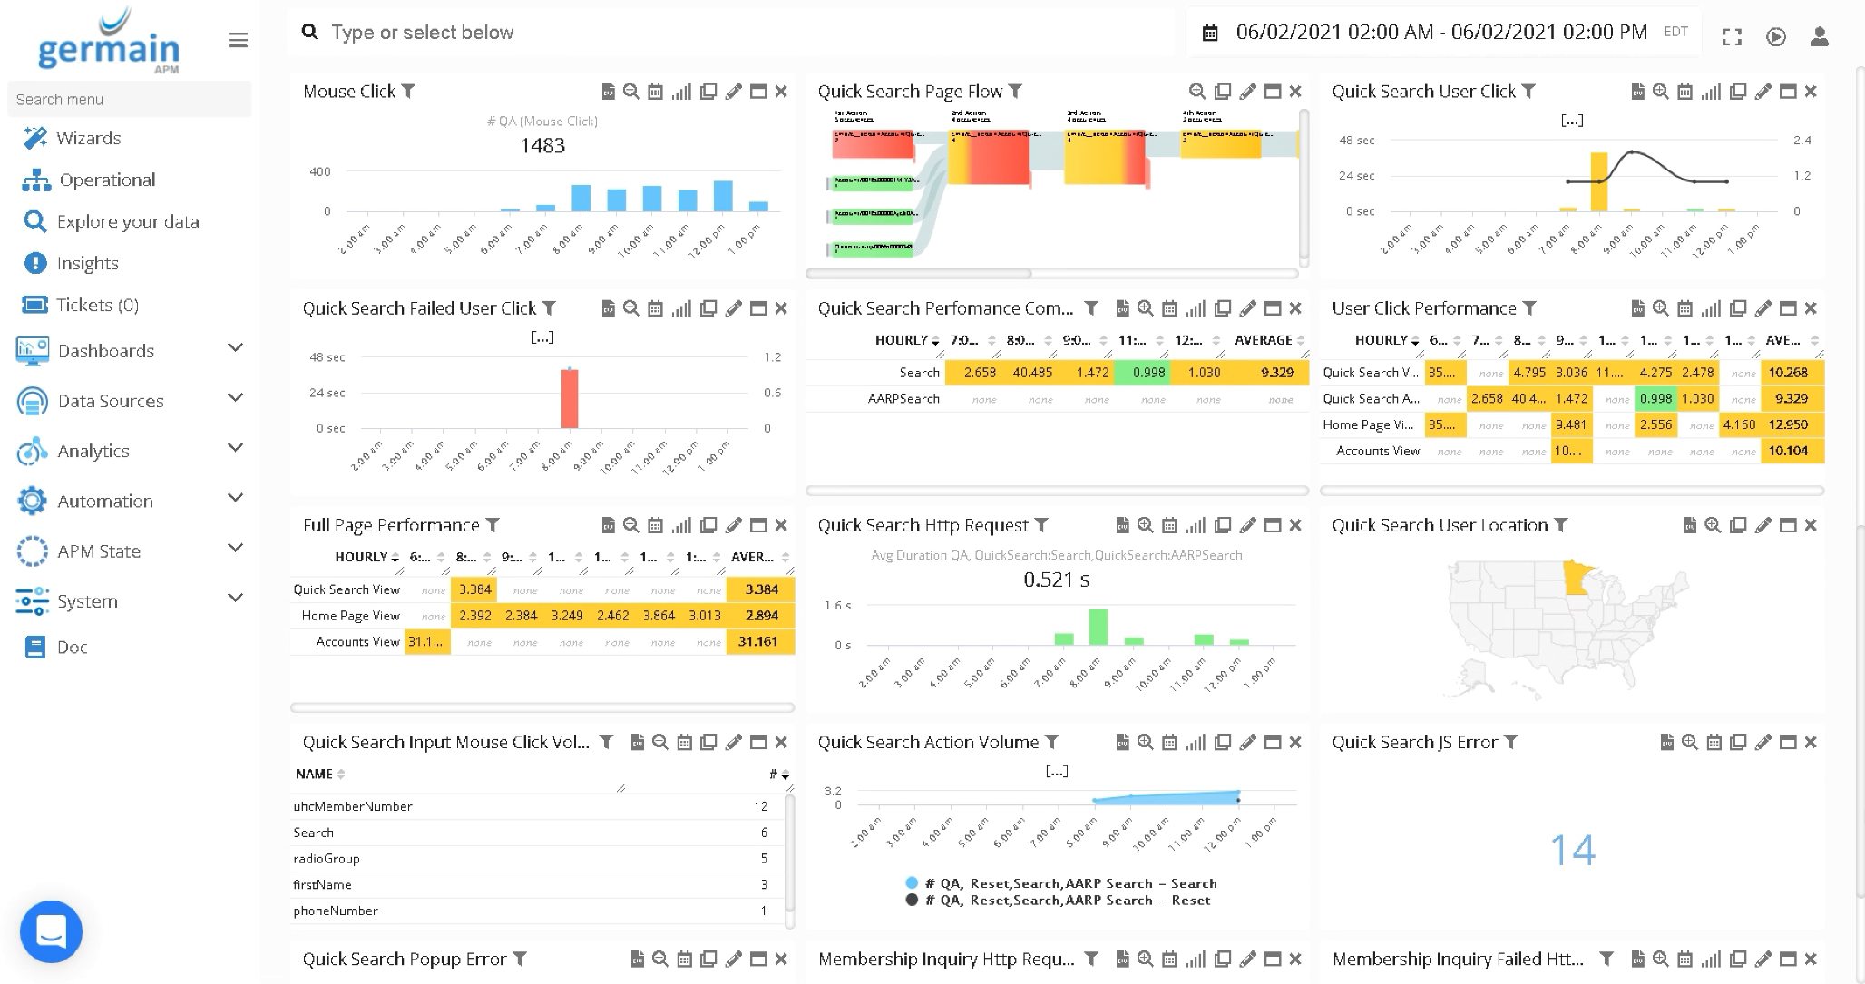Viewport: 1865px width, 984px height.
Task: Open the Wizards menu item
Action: coord(88,138)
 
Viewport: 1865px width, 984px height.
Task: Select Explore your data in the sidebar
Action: coord(127,221)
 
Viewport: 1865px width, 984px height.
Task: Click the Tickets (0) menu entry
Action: coord(97,305)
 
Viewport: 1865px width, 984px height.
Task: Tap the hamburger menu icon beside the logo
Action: coord(239,40)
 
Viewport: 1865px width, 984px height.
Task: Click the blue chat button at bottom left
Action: coord(51,931)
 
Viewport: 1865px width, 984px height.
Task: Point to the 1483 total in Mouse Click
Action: coord(542,146)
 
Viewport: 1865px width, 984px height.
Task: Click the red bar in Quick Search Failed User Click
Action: coord(570,398)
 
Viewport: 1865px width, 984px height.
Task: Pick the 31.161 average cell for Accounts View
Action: coord(760,641)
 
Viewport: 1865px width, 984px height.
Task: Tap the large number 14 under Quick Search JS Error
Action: coord(1572,850)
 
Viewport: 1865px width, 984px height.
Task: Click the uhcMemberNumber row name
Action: coord(353,806)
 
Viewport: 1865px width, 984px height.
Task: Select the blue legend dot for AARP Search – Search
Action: coord(912,883)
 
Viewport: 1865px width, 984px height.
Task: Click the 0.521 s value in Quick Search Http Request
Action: coord(1057,580)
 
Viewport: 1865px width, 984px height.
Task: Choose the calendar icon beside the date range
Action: coord(1210,34)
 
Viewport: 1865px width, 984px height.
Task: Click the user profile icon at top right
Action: coord(1819,36)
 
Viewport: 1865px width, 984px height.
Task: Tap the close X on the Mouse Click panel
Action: coord(781,92)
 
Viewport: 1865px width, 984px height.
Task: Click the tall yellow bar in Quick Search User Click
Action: coord(1598,181)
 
